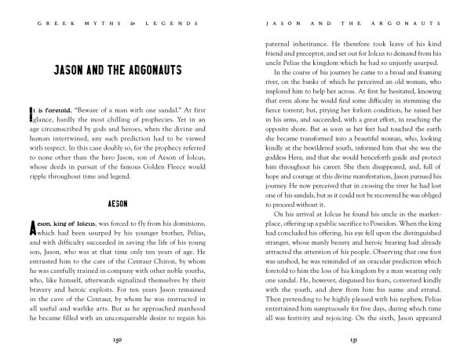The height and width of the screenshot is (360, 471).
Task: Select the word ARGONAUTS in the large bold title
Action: point(159,69)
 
